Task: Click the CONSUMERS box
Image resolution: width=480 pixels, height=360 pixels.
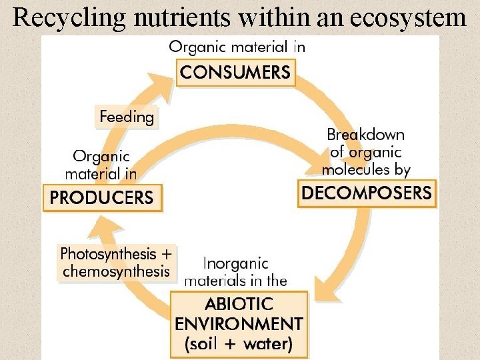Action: click(236, 72)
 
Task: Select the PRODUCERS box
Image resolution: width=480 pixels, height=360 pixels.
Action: click(102, 198)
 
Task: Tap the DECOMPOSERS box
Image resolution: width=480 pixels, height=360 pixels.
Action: click(367, 193)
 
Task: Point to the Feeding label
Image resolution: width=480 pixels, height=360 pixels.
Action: click(127, 118)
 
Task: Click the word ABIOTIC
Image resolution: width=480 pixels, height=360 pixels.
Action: click(239, 305)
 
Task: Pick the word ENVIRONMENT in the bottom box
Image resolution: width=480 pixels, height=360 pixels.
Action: click(239, 325)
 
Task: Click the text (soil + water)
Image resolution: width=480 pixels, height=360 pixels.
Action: click(239, 344)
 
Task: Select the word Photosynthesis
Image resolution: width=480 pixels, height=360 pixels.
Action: click(107, 254)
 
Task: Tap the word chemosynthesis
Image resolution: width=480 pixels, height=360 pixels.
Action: click(116, 271)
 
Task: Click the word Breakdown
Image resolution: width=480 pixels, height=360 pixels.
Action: click(365, 134)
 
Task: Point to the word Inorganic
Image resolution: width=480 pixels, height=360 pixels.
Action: click(235, 264)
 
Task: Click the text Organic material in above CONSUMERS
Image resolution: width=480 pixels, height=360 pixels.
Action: click(237, 47)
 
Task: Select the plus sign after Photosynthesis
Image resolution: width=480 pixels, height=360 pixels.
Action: click(166, 254)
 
